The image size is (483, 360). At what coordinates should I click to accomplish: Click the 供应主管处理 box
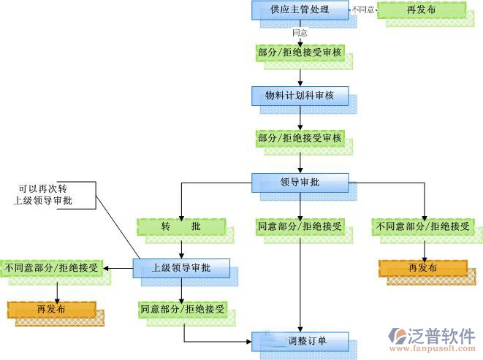(300, 10)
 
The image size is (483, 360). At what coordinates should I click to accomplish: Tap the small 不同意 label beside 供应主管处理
(363, 10)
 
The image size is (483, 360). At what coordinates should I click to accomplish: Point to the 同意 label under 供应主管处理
(300, 33)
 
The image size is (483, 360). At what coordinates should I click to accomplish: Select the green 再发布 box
(422, 10)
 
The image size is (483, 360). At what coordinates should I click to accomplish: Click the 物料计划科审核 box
(300, 95)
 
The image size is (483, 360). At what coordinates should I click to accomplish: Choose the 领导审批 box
(300, 182)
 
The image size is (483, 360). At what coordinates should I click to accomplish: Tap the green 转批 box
(180, 226)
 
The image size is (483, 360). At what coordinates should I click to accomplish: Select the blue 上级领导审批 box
(180, 268)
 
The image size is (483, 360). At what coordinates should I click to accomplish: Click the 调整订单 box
(300, 340)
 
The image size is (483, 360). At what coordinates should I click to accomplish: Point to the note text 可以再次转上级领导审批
(47, 194)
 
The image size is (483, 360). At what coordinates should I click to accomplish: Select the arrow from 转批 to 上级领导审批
(180, 248)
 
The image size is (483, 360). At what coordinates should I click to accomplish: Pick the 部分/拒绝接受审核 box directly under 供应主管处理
(300, 53)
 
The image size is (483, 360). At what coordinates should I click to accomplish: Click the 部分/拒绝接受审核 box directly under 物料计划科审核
(300, 137)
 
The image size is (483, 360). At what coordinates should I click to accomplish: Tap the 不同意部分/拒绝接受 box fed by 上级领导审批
(51, 267)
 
